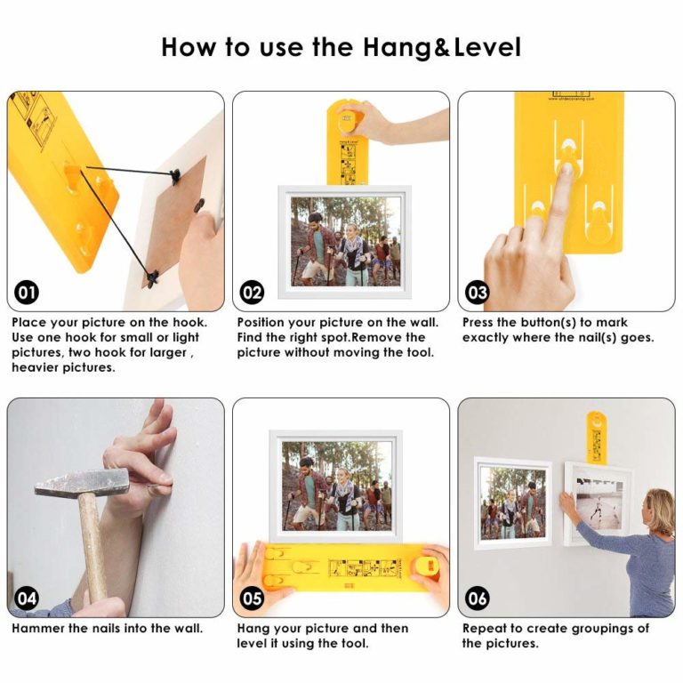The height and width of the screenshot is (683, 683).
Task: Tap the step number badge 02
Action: [253, 293]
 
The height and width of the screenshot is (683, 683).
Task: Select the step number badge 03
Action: [478, 293]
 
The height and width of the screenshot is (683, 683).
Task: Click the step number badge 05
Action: [253, 599]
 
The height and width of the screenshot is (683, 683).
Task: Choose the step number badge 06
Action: [478, 599]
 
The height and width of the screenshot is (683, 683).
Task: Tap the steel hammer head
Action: [80, 484]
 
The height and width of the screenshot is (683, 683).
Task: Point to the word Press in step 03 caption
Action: [481, 323]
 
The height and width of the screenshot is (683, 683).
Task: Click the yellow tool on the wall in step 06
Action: [597, 436]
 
